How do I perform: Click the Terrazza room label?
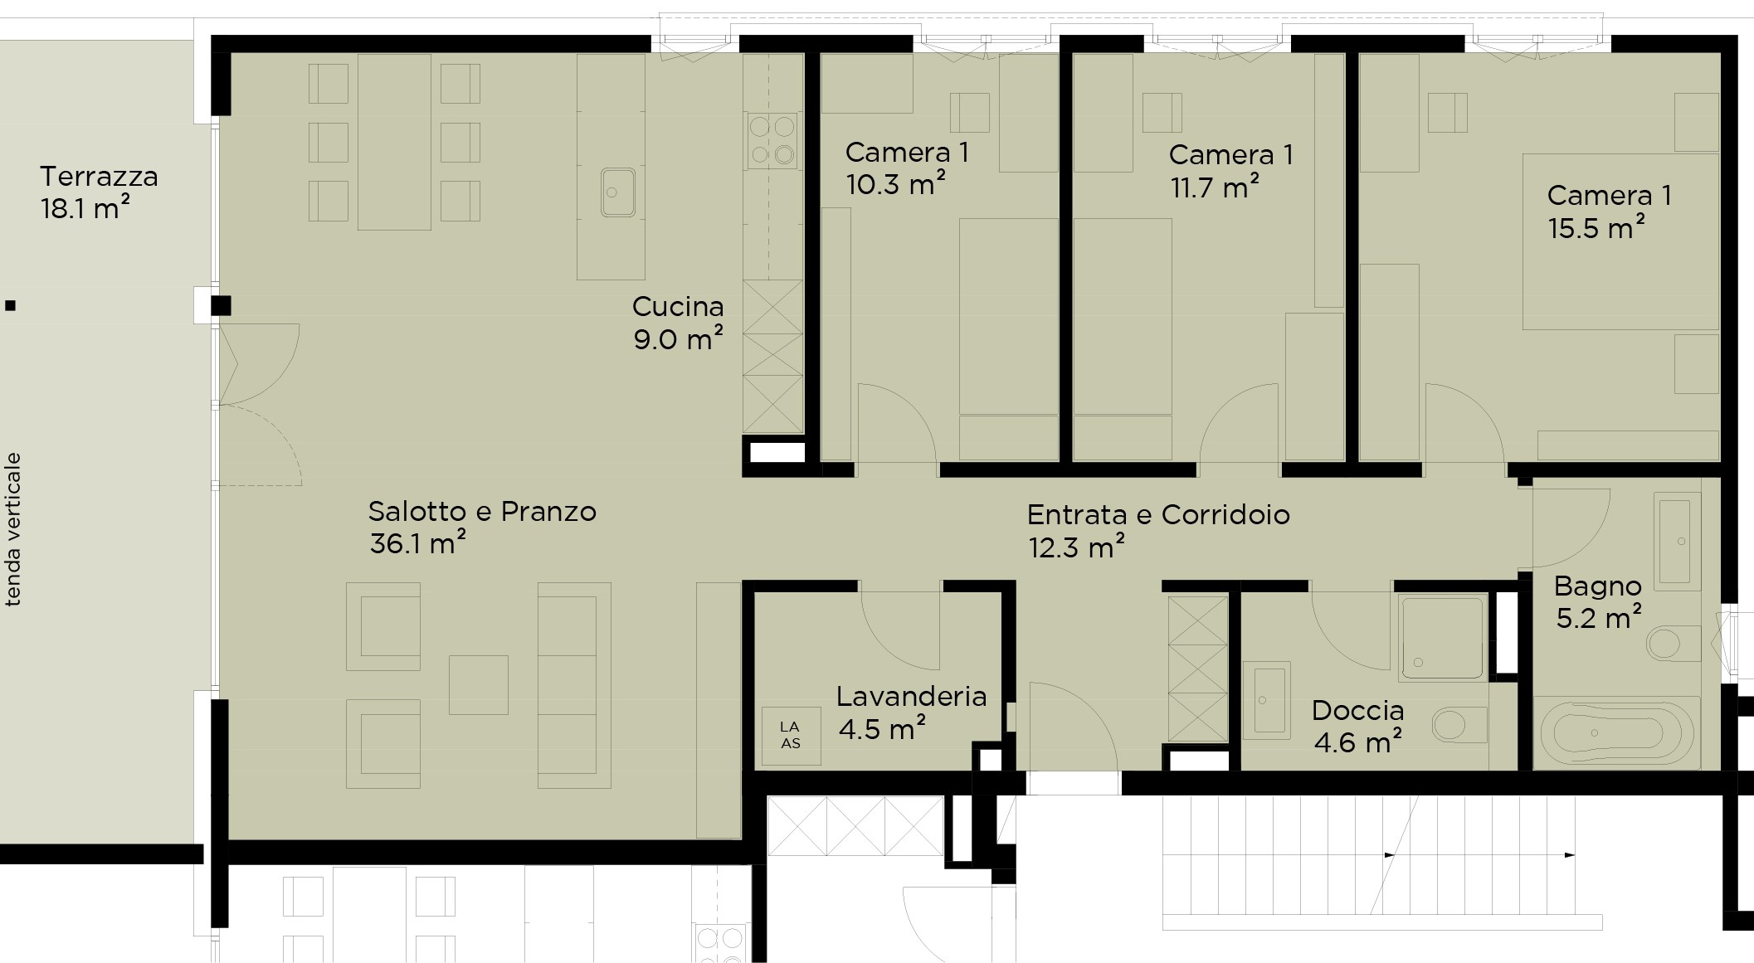point(99,177)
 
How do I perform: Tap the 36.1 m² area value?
point(417,544)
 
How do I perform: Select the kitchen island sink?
point(618,192)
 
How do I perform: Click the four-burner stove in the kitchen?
point(773,141)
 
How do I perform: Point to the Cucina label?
point(678,307)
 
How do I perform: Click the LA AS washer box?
point(792,736)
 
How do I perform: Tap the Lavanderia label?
point(911,696)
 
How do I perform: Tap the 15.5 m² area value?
point(1597,227)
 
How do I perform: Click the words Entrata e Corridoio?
point(1158,515)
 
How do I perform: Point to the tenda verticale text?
point(13,529)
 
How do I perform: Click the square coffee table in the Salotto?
point(479,684)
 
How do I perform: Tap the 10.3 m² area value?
point(896,184)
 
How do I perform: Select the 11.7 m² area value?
point(1215,187)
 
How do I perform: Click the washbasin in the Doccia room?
point(1267,698)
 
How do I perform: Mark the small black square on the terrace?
point(11,306)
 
